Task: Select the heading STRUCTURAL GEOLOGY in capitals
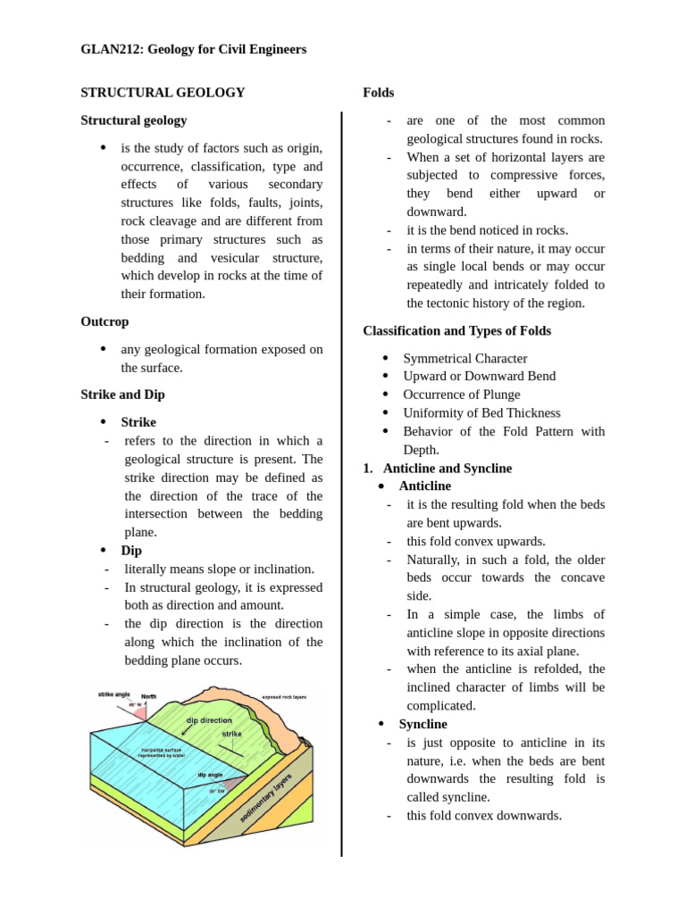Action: tap(163, 92)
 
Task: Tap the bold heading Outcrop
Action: tap(105, 321)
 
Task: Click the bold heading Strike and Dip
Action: tap(122, 394)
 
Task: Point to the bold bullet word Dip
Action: tap(131, 551)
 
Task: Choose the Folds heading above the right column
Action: tap(379, 92)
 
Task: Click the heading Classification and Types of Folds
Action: tap(456, 330)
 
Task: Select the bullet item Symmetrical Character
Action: tap(464, 358)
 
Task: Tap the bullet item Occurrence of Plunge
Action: tap(461, 395)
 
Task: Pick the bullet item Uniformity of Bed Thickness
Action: tap(481, 412)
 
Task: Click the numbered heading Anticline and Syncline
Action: tap(447, 468)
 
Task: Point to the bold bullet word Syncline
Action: tap(422, 724)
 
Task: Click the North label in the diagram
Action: tap(149, 696)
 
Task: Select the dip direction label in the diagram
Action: tap(210, 719)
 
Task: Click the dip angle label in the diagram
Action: tap(210, 775)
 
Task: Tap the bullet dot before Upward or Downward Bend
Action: tap(385, 376)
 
